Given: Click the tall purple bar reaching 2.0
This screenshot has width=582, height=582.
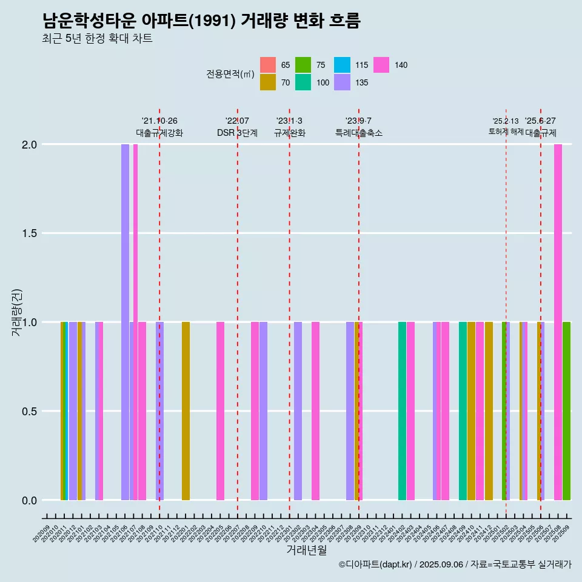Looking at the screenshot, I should click(125, 321).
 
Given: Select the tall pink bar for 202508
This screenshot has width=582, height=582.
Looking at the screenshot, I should click(558, 321).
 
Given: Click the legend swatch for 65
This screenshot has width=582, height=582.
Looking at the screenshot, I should click(268, 65).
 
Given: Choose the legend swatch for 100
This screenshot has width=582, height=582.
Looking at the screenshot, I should click(303, 82).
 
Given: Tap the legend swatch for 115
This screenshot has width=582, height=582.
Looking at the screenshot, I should click(343, 65).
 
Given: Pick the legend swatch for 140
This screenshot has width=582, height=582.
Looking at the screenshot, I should click(381, 65).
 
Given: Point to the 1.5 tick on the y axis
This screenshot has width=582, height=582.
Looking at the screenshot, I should click(30, 233).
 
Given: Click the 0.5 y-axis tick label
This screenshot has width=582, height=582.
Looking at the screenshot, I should click(30, 412).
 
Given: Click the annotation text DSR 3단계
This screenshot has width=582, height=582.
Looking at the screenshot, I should click(238, 133).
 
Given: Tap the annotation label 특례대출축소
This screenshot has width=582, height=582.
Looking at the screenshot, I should click(359, 133).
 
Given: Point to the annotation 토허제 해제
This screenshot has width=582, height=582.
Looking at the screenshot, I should click(506, 132).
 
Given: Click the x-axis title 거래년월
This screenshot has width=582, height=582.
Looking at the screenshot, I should click(306, 550).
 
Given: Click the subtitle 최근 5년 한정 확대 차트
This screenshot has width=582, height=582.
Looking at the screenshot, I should click(97, 39).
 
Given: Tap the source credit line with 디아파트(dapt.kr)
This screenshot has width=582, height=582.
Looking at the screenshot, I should click(455, 564).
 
